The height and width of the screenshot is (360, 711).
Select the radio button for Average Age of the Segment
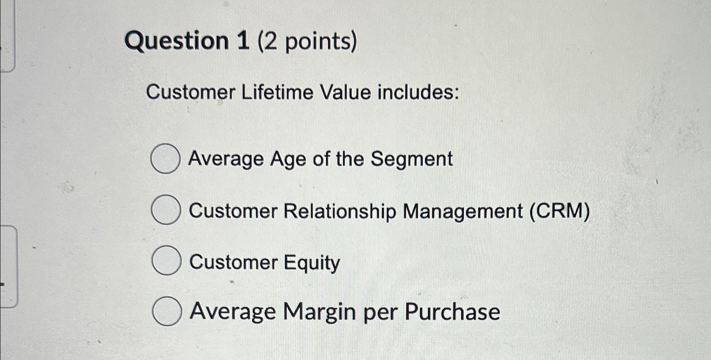tap(165, 159)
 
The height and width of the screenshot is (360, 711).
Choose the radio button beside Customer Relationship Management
tap(166, 210)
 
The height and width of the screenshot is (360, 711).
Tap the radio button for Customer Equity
tap(166, 260)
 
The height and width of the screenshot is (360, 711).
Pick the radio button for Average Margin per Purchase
tap(167, 311)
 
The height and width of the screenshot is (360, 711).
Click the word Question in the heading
tap(177, 41)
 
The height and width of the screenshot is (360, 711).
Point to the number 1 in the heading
tap(243, 41)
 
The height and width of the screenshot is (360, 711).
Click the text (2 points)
tap(308, 41)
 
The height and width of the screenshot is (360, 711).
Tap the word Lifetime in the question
tap(277, 92)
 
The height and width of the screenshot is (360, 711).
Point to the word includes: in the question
tap(418, 92)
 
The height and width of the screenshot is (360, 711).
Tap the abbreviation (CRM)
tap(560, 211)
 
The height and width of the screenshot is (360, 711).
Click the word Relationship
tap(339, 211)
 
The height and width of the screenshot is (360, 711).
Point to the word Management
tap(462, 211)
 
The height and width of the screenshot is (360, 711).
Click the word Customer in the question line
tap(190, 92)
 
